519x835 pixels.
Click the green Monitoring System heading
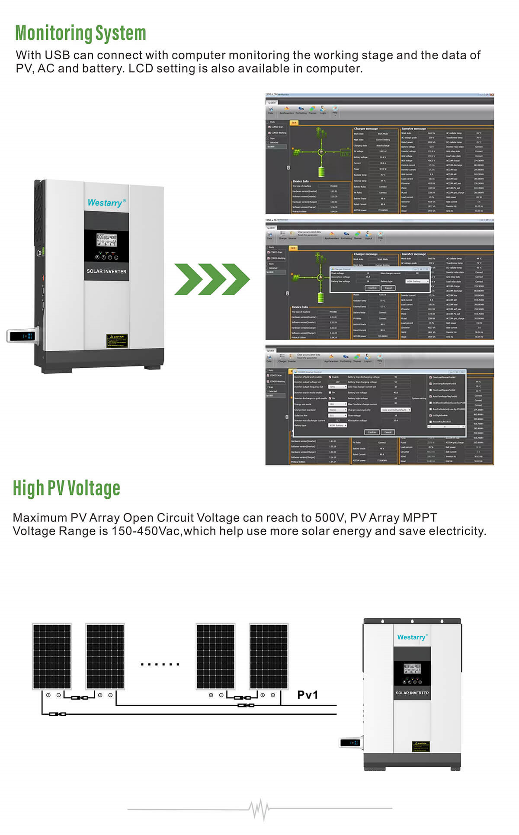coord(80,33)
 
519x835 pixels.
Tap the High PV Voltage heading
coord(66,488)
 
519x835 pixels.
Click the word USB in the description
coord(57,55)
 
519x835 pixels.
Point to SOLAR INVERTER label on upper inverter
coord(106,271)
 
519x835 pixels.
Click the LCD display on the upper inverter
coord(106,240)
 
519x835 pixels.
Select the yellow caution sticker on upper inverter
coord(117,340)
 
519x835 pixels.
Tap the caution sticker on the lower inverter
coord(420,746)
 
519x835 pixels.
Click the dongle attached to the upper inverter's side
coord(23,336)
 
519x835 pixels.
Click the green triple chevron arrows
coord(212,279)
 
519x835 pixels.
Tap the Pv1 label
coord(308,695)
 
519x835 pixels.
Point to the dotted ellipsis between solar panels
coord(160,664)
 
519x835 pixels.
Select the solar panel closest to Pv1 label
coord(269,656)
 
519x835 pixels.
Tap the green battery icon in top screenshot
coord(321,171)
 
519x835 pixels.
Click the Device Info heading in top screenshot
coord(301,181)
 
